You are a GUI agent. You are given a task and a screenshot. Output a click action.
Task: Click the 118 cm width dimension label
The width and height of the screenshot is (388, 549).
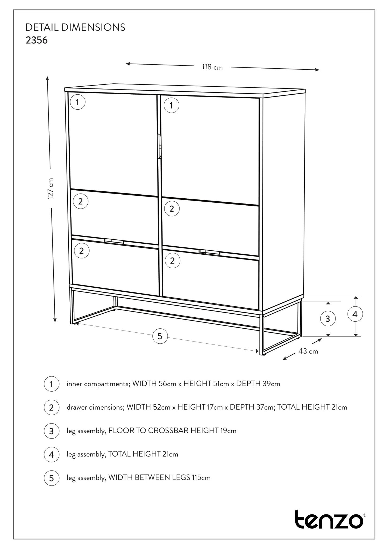[x=212, y=67]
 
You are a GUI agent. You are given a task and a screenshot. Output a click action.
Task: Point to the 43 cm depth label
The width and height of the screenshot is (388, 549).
[x=308, y=351]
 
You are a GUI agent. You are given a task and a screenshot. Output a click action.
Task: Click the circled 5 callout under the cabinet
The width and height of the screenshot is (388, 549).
[x=160, y=336]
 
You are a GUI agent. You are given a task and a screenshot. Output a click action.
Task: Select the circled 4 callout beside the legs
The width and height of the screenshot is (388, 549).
[x=355, y=314]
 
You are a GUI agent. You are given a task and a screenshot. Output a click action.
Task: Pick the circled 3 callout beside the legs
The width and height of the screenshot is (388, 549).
[x=327, y=319]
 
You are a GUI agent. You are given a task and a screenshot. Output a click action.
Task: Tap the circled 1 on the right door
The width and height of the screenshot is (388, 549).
[x=171, y=105]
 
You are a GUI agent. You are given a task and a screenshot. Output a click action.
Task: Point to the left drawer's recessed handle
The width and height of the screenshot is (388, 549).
[x=114, y=241]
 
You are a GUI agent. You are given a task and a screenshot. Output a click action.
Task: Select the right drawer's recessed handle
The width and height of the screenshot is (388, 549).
[x=209, y=252]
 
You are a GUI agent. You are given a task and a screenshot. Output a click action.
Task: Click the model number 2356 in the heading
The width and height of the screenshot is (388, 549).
[x=36, y=40]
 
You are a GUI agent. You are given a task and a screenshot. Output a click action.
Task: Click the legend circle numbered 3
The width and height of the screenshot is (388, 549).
[x=51, y=431]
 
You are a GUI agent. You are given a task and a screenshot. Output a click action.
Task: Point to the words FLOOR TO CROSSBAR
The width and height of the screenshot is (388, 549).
[x=149, y=431]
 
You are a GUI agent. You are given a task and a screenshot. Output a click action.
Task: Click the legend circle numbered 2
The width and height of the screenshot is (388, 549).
[x=51, y=407]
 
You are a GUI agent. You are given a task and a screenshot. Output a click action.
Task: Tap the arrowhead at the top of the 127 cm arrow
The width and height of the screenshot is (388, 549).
[x=47, y=78]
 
